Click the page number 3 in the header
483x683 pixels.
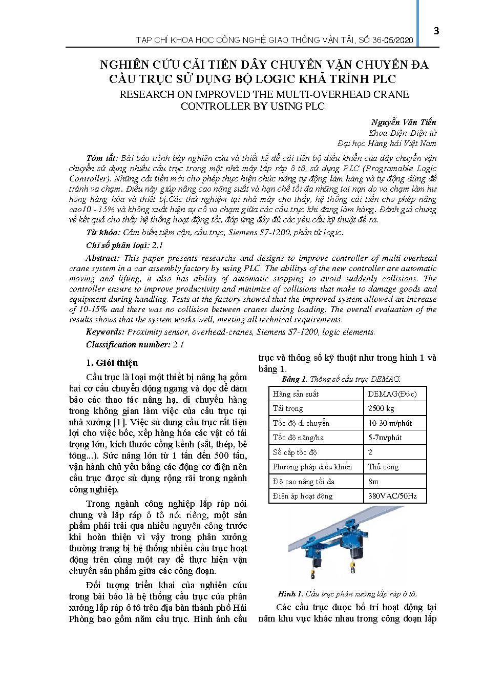tap(436, 31)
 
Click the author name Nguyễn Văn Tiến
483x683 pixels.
tap(404, 122)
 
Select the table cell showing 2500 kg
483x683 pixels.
tap(381, 408)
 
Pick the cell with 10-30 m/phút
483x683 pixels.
tap(390, 423)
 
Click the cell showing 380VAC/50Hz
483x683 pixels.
tap(392, 496)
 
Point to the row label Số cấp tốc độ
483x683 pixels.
tap(295, 452)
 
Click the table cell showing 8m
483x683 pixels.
tap(373, 482)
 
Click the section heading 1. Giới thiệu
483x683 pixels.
tap(112, 363)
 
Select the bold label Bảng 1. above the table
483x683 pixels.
tap(295, 379)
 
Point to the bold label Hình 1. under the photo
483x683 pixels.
tap(290, 594)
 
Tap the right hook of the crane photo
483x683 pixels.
tap(353, 568)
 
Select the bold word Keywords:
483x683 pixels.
tap(105, 332)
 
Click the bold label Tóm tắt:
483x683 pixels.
tap(102, 158)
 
